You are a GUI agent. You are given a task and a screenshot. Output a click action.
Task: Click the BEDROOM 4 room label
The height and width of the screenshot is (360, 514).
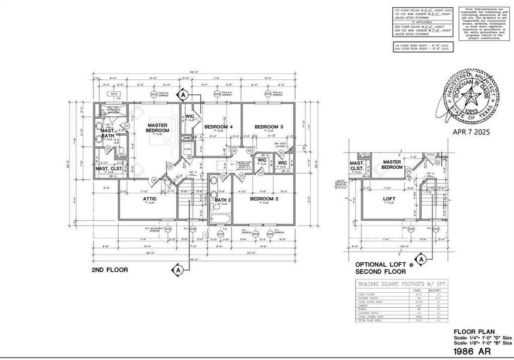tap(218, 127)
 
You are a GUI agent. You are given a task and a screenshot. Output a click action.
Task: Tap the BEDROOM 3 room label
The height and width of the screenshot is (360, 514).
tap(268, 127)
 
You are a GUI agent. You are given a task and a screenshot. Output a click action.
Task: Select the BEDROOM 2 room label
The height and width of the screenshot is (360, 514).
tap(264, 199)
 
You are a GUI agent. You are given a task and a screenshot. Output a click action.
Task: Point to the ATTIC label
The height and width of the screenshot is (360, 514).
tap(150, 199)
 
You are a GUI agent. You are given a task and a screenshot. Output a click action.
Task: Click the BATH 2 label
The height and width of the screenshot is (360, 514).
tap(223, 200)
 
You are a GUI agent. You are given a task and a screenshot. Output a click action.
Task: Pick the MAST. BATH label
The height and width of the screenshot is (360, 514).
tap(108, 134)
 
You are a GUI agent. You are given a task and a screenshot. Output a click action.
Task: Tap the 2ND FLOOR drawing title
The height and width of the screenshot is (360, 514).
tap(109, 270)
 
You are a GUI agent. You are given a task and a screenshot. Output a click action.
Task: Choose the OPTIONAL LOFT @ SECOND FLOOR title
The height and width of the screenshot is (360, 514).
tap(384, 268)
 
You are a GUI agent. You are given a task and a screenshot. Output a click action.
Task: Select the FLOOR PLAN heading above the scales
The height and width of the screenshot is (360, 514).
tap(470, 331)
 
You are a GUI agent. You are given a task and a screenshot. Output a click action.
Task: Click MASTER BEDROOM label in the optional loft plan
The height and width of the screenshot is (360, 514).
tap(392, 164)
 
